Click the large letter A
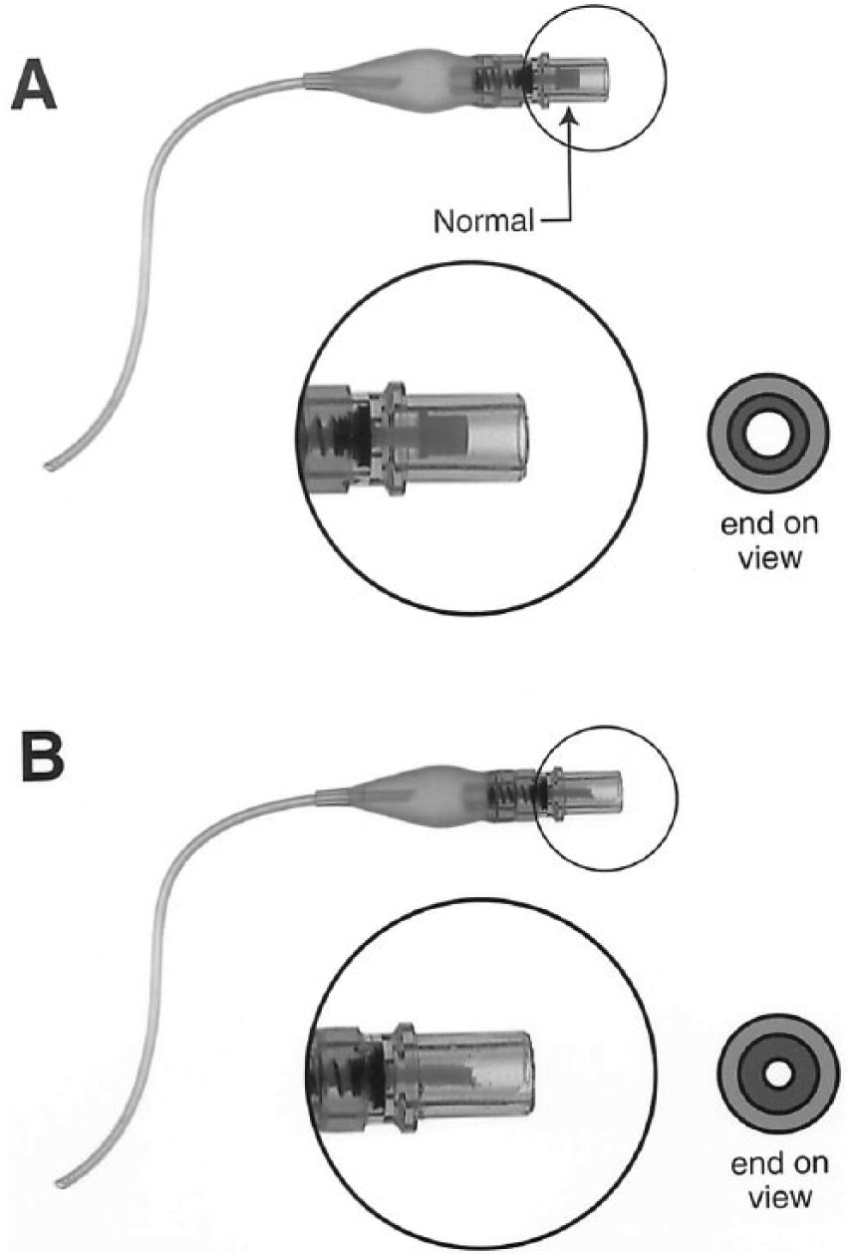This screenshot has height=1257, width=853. coord(34,86)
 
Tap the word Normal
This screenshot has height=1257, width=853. coord(483,221)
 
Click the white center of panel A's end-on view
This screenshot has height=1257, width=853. coord(768,433)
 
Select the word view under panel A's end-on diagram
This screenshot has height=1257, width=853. coord(769,558)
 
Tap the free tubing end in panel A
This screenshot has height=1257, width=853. coord(50,466)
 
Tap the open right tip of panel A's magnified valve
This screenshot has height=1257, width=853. coord(523,436)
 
